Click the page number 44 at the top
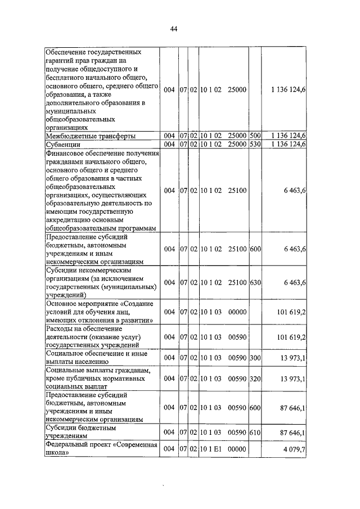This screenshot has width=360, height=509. coord(174,30)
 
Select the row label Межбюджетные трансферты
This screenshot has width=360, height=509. coord(89,136)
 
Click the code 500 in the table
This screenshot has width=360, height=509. coord(255,136)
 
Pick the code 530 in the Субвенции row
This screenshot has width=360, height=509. coord(255,145)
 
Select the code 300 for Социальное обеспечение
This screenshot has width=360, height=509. coord(255,358)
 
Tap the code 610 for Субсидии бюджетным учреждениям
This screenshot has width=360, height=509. coord(255,432)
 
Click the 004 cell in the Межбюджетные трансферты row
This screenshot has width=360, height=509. coord(169,136)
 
